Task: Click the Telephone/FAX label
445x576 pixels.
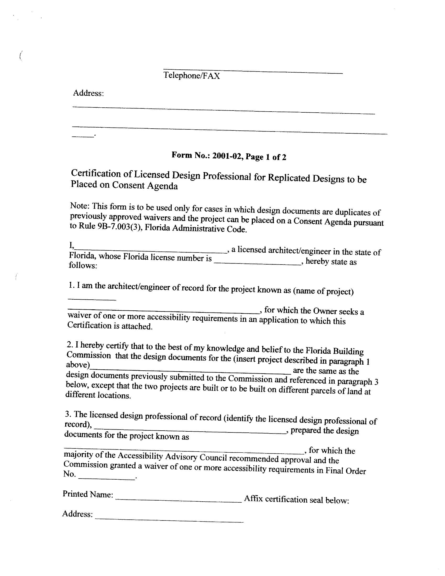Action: tap(191, 75)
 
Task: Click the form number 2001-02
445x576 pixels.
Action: tap(227, 156)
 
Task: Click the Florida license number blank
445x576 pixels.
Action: tap(257, 262)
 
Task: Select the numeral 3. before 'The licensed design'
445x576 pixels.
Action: tap(68, 414)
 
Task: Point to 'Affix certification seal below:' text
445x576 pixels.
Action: tap(297, 499)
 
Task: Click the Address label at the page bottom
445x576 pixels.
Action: tap(77, 513)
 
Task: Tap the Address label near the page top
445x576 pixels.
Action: tap(88, 93)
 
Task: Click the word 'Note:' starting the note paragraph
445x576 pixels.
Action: tap(80, 205)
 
